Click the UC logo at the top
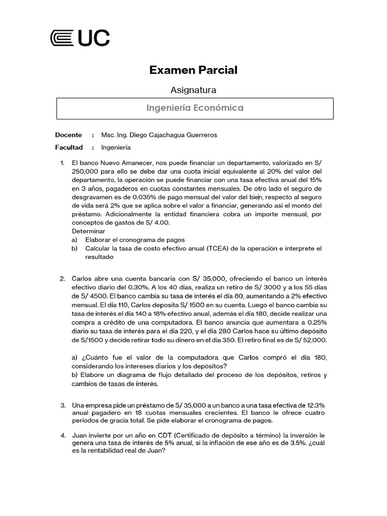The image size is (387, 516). [x=80, y=38]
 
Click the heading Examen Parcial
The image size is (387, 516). [x=193, y=70]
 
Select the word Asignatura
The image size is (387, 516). [x=193, y=90]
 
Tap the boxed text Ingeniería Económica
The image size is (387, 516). [x=195, y=108]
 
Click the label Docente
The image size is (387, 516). [x=68, y=135]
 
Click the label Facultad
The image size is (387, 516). [x=69, y=148]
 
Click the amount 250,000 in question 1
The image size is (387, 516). [x=86, y=171]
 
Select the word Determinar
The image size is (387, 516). [x=88, y=231]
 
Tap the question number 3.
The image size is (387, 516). [x=62, y=405]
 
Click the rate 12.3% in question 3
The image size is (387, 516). [x=313, y=405]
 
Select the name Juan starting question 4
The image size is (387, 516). [x=81, y=435]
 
